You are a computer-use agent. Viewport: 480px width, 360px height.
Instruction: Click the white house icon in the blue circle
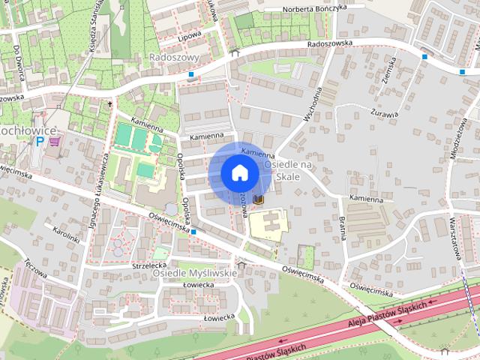tap(239, 172)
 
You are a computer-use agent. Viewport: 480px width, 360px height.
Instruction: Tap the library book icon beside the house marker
tap(259, 199)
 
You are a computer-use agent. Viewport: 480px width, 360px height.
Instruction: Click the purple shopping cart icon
tap(52, 140)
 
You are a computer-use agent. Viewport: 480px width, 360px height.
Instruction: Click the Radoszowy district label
tap(174, 57)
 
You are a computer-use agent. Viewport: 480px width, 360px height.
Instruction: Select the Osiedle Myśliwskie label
tap(194, 273)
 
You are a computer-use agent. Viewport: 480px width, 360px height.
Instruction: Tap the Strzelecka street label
tap(148, 265)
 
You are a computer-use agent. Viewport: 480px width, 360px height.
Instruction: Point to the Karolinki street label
tap(66, 234)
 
